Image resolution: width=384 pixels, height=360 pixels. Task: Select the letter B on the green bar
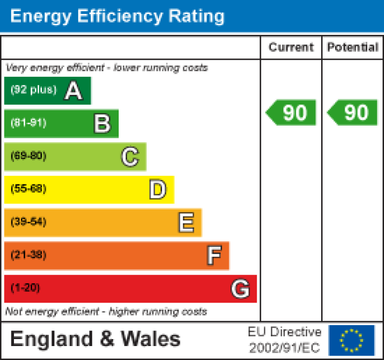102,124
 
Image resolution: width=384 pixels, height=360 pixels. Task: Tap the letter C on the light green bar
130,157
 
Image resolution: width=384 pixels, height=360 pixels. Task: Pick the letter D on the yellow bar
158,190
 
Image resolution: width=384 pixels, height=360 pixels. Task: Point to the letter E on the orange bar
186,223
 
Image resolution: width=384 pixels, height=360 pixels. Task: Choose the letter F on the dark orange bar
213,256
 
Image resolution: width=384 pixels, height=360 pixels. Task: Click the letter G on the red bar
240,289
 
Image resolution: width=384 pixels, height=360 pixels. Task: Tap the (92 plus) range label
33,90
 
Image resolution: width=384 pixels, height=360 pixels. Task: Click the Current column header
291,47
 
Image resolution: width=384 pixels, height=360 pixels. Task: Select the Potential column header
353,47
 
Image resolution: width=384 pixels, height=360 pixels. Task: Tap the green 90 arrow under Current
291,113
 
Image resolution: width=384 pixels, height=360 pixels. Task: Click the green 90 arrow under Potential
353,113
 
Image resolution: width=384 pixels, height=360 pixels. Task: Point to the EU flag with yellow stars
352,340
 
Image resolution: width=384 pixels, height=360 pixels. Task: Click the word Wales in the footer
151,339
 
